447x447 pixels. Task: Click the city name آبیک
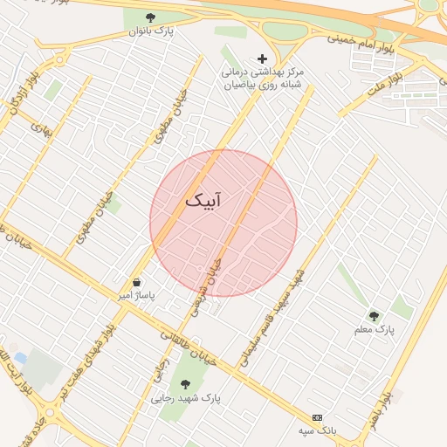203,200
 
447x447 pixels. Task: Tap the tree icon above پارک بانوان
150,17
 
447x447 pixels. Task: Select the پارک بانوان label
150,32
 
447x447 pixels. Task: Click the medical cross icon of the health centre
262,58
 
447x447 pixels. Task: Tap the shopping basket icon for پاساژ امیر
137,283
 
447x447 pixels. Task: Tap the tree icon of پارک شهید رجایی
184,382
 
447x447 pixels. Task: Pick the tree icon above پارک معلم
375,316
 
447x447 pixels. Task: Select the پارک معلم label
375,330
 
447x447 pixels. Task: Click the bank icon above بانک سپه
317,417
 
